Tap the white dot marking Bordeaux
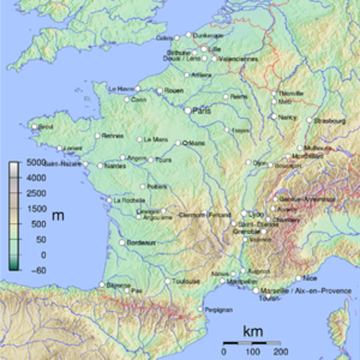pyautogui.click(x=122, y=242)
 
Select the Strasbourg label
pyautogui.click(x=331, y=120)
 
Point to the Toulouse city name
pyautogui.click(x=187, y=281)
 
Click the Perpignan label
pyautogui.click(x=219, y=309)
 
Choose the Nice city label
pyautogui.click(x=310, y=278)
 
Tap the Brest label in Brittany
pyautogui.click(x=46, y=127)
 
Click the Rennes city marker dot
pyautogui.click(x=97, y=136)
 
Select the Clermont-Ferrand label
pyautogui.click(x=205, y=215)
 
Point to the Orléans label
pyautogui.click(x=193, y=142)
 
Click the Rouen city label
pyautogui.click(x=174, y=91)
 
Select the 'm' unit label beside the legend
pyautogui.click(x=58, y=216)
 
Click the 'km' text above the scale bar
pyautogui.click(x=252, y=330)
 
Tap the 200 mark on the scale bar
pyautogui.click(x=281, y=350)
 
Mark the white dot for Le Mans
pyautogui.click(x=139, y=139)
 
